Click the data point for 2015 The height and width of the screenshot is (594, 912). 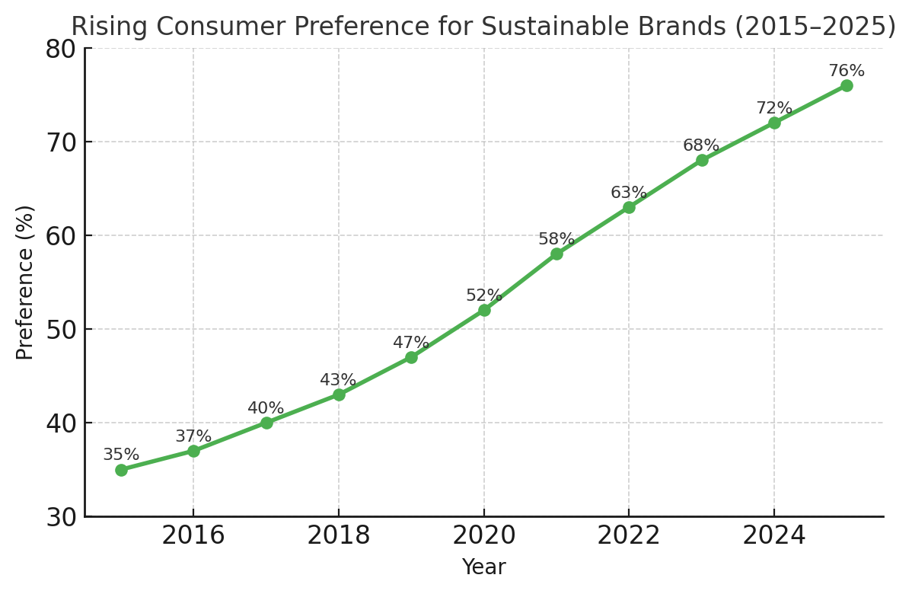121,470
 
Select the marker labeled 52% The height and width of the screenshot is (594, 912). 484,310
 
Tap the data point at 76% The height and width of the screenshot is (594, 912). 847,85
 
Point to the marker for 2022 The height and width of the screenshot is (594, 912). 629,207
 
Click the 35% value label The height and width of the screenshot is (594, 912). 121,455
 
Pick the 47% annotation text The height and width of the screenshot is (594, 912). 411,343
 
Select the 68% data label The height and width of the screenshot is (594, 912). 701,145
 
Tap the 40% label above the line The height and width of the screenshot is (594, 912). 266,408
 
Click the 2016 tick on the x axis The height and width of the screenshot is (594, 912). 193,536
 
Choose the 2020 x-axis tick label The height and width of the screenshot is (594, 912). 484,536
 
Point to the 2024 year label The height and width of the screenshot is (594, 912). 774,536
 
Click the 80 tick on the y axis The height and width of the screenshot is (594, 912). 61,49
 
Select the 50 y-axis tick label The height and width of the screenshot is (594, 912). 61,330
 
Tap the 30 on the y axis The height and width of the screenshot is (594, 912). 61,518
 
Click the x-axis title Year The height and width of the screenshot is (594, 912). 484,567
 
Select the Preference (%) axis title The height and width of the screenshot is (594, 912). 25,282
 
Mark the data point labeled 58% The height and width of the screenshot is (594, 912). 556,254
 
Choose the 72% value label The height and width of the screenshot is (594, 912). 774,108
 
